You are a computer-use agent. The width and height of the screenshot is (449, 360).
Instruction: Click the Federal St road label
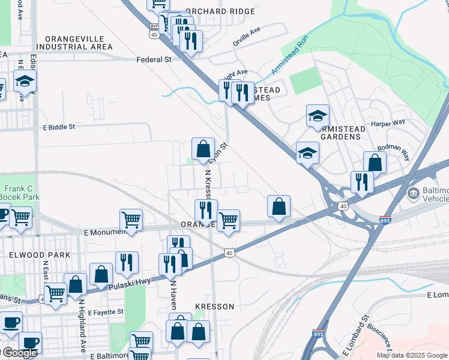point(154,59)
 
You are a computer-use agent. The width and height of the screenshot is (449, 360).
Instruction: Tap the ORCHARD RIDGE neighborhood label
point(216,11)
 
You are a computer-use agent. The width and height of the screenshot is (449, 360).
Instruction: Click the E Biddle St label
point(58,127)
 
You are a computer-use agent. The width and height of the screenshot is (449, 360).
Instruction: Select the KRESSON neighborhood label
point(214,307)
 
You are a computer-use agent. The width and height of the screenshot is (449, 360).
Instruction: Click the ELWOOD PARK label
point(40,255)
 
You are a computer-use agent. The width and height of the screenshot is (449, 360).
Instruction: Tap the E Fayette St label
point(105,312)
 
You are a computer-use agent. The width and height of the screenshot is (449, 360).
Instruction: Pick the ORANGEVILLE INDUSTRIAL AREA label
point(74,42)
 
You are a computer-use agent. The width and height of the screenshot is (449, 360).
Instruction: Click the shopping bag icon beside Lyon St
point(203,148)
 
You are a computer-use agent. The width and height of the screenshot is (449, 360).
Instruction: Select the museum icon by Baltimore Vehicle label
point(413,194)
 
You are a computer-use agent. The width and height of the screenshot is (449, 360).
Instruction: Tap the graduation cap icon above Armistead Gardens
point(318,115)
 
